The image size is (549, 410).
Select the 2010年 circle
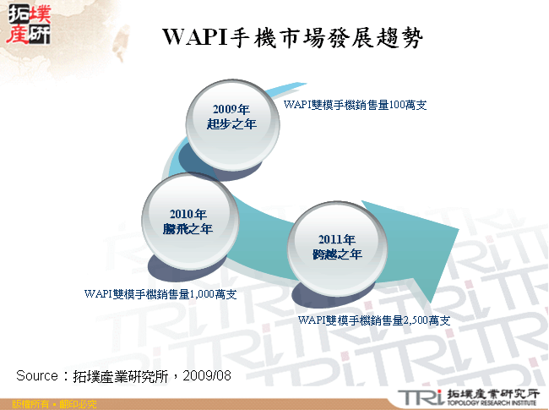188,221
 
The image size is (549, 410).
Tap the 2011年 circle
337,247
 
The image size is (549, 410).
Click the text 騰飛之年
188,229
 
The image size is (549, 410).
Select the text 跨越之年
337,254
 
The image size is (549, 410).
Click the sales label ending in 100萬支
355,105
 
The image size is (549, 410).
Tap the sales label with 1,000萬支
160,294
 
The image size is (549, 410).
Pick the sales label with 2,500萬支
374,321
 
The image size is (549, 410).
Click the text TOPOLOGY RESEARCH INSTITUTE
491,402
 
